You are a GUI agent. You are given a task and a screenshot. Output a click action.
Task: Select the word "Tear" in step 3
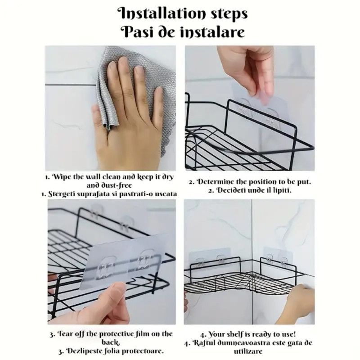[63, 333]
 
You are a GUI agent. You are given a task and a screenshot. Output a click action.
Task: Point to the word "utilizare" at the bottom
[248, 351]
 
